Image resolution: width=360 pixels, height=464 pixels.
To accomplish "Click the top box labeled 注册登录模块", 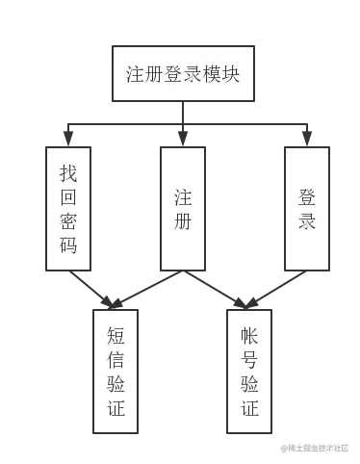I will click(182, 74).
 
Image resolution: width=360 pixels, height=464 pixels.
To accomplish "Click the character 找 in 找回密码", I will click(68, 174).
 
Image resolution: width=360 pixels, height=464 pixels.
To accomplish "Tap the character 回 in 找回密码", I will click(68, 198).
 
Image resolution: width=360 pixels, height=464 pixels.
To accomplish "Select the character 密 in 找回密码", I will click(68, 222).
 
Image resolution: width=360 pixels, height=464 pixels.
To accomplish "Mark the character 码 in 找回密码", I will click(68, 246).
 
